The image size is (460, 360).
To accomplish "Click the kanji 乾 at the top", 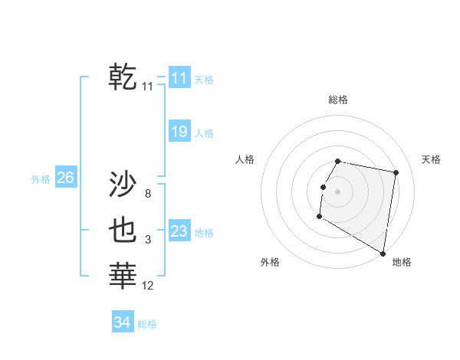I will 123,77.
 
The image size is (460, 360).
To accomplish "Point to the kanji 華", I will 123,275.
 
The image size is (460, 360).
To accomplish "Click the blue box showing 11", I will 179,77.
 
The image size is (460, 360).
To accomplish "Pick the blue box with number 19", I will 179,132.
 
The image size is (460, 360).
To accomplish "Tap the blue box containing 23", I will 179,231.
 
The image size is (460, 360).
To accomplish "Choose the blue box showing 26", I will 65,178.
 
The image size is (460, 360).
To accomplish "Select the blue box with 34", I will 122,322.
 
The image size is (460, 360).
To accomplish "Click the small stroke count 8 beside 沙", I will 147,194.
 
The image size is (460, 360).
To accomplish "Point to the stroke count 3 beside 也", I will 147,240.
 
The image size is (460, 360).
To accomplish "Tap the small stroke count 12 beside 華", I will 147,286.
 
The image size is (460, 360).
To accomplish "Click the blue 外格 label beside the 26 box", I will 41,179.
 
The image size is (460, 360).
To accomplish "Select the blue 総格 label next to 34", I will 147,324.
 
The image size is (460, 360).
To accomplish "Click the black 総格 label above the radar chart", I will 338,100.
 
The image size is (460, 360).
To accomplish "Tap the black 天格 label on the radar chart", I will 431,159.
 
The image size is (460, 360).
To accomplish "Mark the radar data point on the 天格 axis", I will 396,173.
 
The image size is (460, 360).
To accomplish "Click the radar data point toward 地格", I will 383,254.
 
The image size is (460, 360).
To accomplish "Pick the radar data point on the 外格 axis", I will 319,217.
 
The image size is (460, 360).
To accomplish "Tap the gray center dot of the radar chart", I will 338,191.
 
